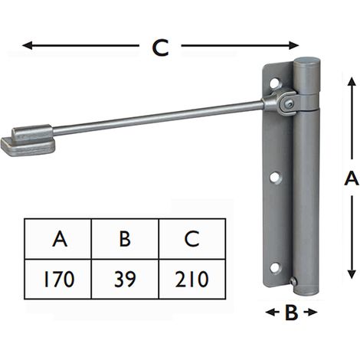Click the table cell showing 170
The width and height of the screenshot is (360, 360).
click(x=58, y=279)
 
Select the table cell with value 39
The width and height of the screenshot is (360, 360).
click(x=125, y=279)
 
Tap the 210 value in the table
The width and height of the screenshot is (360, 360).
click(x=192, y=279)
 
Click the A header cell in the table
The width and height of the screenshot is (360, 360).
click(x=58, y=239)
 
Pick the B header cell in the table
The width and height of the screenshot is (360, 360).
click(x=125, y=239)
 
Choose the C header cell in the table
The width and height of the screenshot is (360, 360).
click(x=192, y=239)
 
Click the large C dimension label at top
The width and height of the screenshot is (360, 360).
click(x=160, y=47)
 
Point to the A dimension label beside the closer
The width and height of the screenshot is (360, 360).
click(x=352, y=178)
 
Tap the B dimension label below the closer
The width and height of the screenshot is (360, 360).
click(x=291, y=313)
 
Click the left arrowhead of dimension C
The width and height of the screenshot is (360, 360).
click(x=27, y=45)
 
